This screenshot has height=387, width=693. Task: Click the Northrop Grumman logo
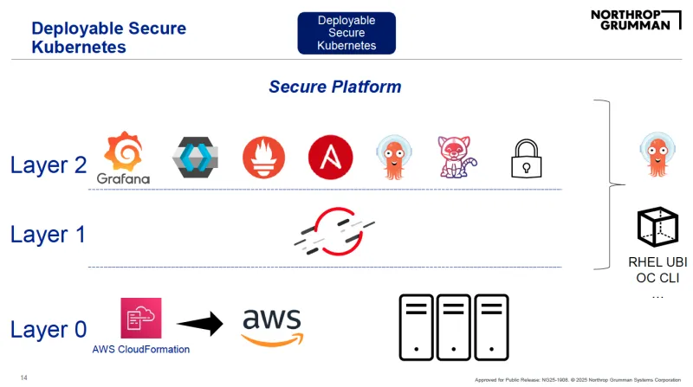(x=631, y=20)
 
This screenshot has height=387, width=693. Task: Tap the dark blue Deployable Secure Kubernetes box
(x=346, y=33)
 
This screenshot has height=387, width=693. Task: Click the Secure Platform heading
(x=334, y=87)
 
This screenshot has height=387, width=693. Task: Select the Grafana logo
(x=124, y=158)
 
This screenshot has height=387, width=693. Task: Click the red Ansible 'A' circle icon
(x=330, y=155)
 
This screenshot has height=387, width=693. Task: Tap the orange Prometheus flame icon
(x=264, y=156)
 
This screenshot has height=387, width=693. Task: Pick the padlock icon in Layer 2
(x=526, y=158)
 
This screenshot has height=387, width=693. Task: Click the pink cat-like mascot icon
(x=457, y=156)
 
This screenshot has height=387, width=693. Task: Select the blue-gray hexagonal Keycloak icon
(x=196, y=156)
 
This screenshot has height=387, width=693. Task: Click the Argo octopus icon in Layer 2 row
(x=395, y=156)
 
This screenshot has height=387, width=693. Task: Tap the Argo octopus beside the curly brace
(x=656, y=155)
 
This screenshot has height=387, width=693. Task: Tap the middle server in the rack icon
(x=454, y=326)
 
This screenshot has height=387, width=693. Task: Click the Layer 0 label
(x=49, y=329)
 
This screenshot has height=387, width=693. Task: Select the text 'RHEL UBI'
(x=657, y=262)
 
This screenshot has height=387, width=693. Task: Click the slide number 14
(x=24, y=377)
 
